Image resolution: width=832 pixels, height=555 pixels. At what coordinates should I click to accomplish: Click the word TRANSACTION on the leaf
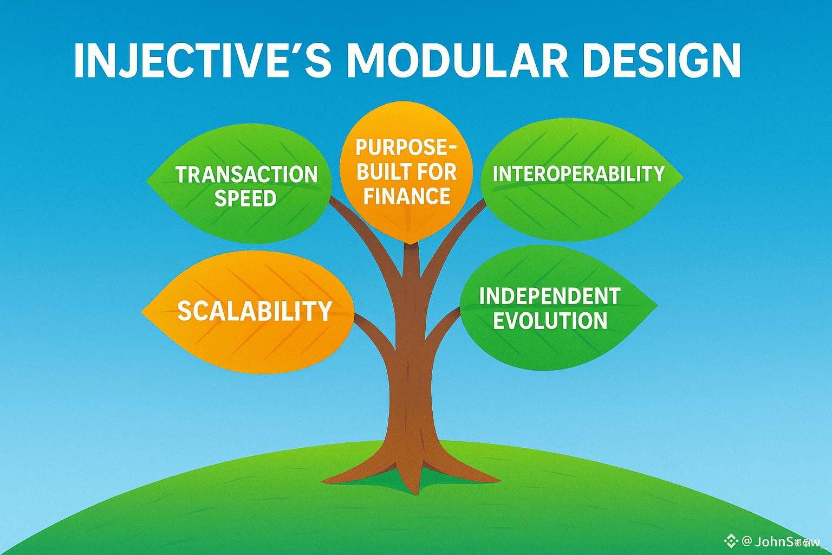(246, 175)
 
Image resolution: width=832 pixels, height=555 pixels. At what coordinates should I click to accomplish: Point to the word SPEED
(245, 199)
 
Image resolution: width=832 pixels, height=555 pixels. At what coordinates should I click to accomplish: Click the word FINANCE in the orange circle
(407, 196)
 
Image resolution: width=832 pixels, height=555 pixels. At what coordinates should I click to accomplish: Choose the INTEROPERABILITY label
(578, 174)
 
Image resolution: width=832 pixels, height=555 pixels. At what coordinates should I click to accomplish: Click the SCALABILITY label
(255, 311)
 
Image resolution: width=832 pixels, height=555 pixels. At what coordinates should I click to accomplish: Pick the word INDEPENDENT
(550, 296)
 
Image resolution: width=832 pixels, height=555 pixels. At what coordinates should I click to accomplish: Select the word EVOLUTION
(550, 321)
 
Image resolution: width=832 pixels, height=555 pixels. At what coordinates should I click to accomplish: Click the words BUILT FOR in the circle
(407, 172)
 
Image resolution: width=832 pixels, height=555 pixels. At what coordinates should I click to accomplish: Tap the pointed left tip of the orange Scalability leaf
(143, 312)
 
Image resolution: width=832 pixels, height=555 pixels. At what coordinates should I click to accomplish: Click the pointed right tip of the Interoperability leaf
(682, 177)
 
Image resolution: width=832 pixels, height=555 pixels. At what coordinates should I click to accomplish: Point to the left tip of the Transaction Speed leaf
(148, 180)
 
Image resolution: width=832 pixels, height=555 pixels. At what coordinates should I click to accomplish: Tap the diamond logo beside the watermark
(731, 540)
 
